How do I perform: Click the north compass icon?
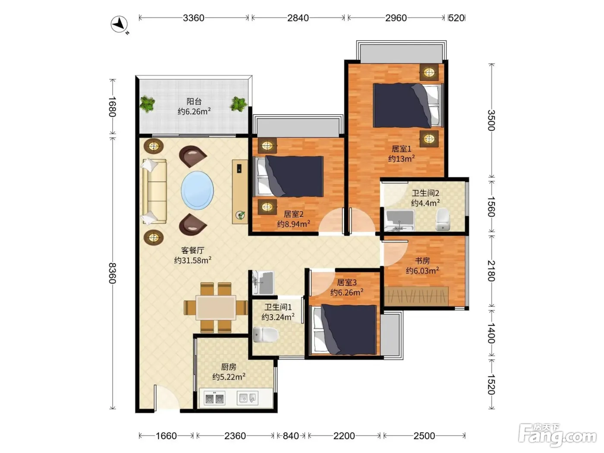point(119,24)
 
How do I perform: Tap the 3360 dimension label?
point(193,18)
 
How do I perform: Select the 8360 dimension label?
point(112,273)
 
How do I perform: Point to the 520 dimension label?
point(456,18)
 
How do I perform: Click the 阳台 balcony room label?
point(194,101)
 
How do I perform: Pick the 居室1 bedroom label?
point(401,149)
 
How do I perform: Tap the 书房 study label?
point(422,261)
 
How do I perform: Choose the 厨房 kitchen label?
point(228,367)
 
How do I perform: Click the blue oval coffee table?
point(197,191)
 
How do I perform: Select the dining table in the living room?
point(216,308)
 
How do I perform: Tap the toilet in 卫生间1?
point(265,334)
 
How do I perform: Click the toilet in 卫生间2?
point(443,219)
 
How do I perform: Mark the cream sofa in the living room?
point(154,191)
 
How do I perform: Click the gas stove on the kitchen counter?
point(214,398)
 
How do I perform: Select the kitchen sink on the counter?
point(247,398)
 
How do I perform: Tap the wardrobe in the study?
point(416,296)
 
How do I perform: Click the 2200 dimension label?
point(344,436)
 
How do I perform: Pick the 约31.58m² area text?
point(192,260)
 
